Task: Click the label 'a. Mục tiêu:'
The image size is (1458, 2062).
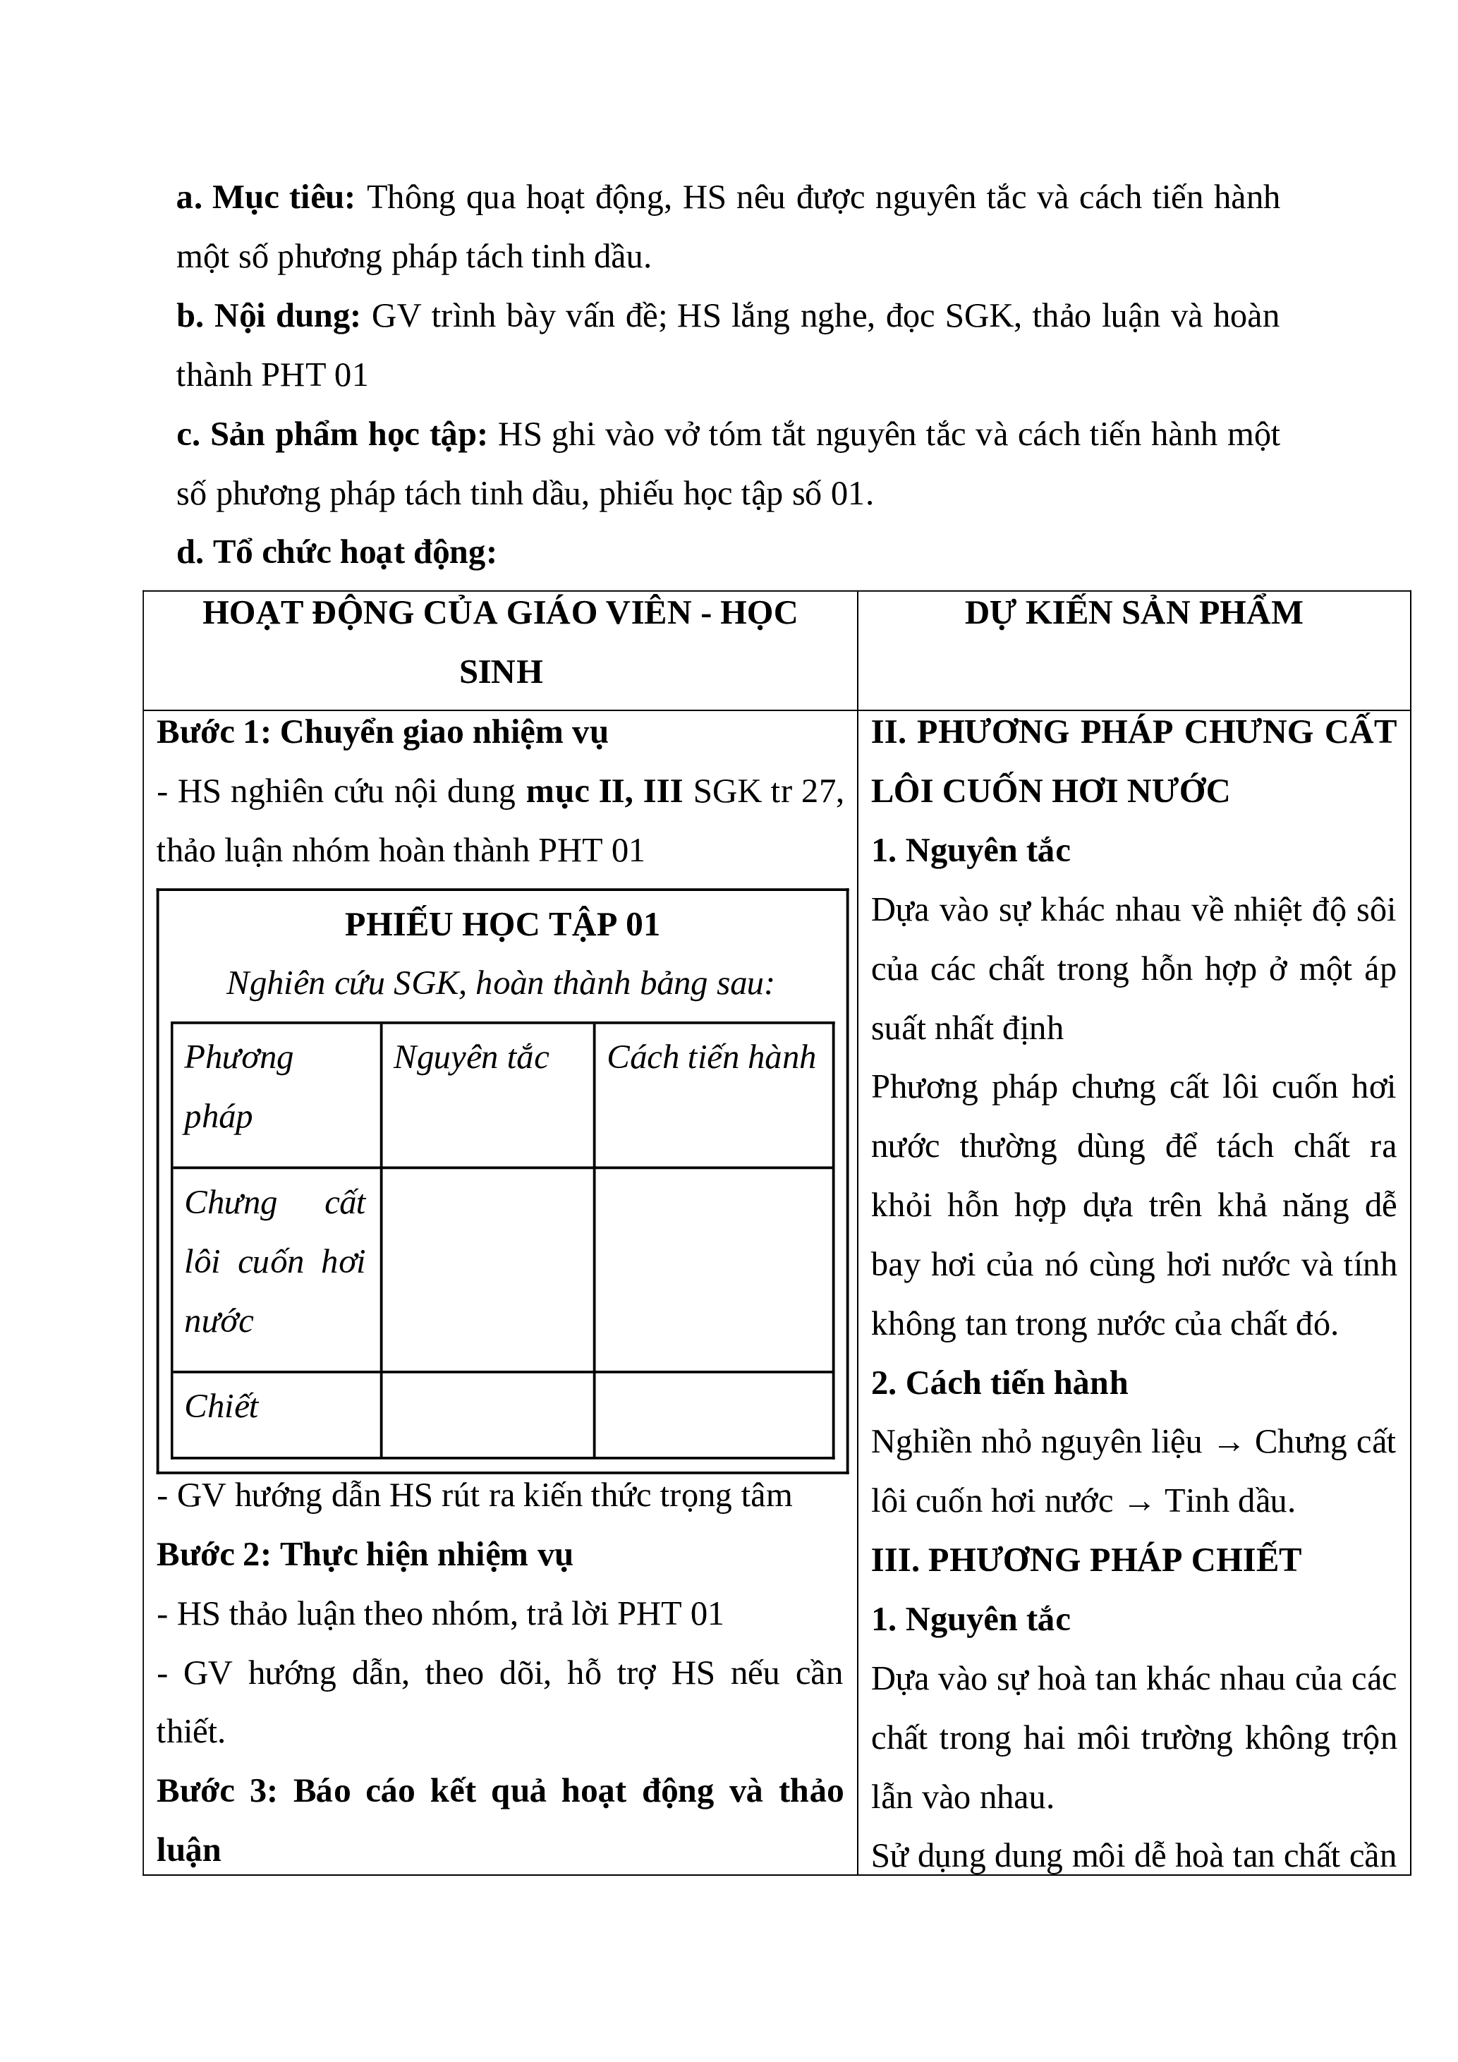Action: pos(266,198)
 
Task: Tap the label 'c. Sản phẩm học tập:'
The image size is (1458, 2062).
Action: pos(332,435)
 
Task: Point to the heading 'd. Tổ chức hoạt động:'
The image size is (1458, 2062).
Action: pos(336,552)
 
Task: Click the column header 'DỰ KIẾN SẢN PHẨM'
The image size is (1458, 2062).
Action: pos(1133,612)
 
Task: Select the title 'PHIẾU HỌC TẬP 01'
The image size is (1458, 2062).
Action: pos(502,924)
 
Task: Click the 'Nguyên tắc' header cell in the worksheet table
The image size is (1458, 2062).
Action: pos(471,1057)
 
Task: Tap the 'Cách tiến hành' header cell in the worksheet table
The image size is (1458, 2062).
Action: pos(711,1057)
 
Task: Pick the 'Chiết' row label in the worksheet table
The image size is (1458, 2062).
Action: pos(221,1405)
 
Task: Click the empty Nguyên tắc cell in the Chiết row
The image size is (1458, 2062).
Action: pos(487,1414)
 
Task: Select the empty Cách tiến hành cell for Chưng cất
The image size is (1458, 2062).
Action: pos(714,1269)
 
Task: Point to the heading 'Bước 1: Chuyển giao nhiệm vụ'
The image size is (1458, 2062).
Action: pos(382,732)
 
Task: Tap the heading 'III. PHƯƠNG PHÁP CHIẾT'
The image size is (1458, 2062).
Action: pos(1086,1560)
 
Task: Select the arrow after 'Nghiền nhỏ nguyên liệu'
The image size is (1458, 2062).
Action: pos(1227,1444)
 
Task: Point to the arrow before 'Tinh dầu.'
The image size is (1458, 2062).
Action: pos(1138,1503)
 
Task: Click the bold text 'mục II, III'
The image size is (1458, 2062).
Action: pos(605,792)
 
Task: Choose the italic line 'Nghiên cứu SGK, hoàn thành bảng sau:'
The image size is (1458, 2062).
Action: pos(500,983)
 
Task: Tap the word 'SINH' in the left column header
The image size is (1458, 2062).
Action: pos(501,672)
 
